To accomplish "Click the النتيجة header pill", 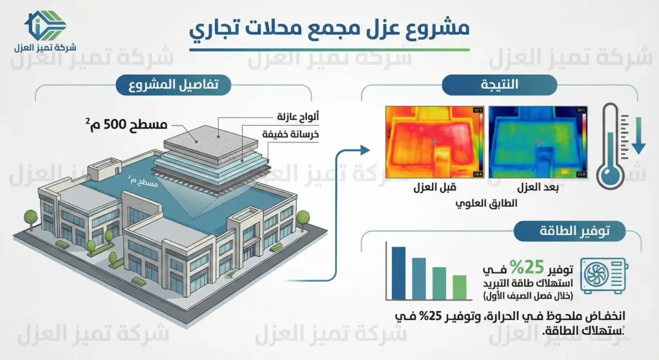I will point(498,84).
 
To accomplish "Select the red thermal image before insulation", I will point(434,142).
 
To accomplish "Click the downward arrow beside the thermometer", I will point(637,136).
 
